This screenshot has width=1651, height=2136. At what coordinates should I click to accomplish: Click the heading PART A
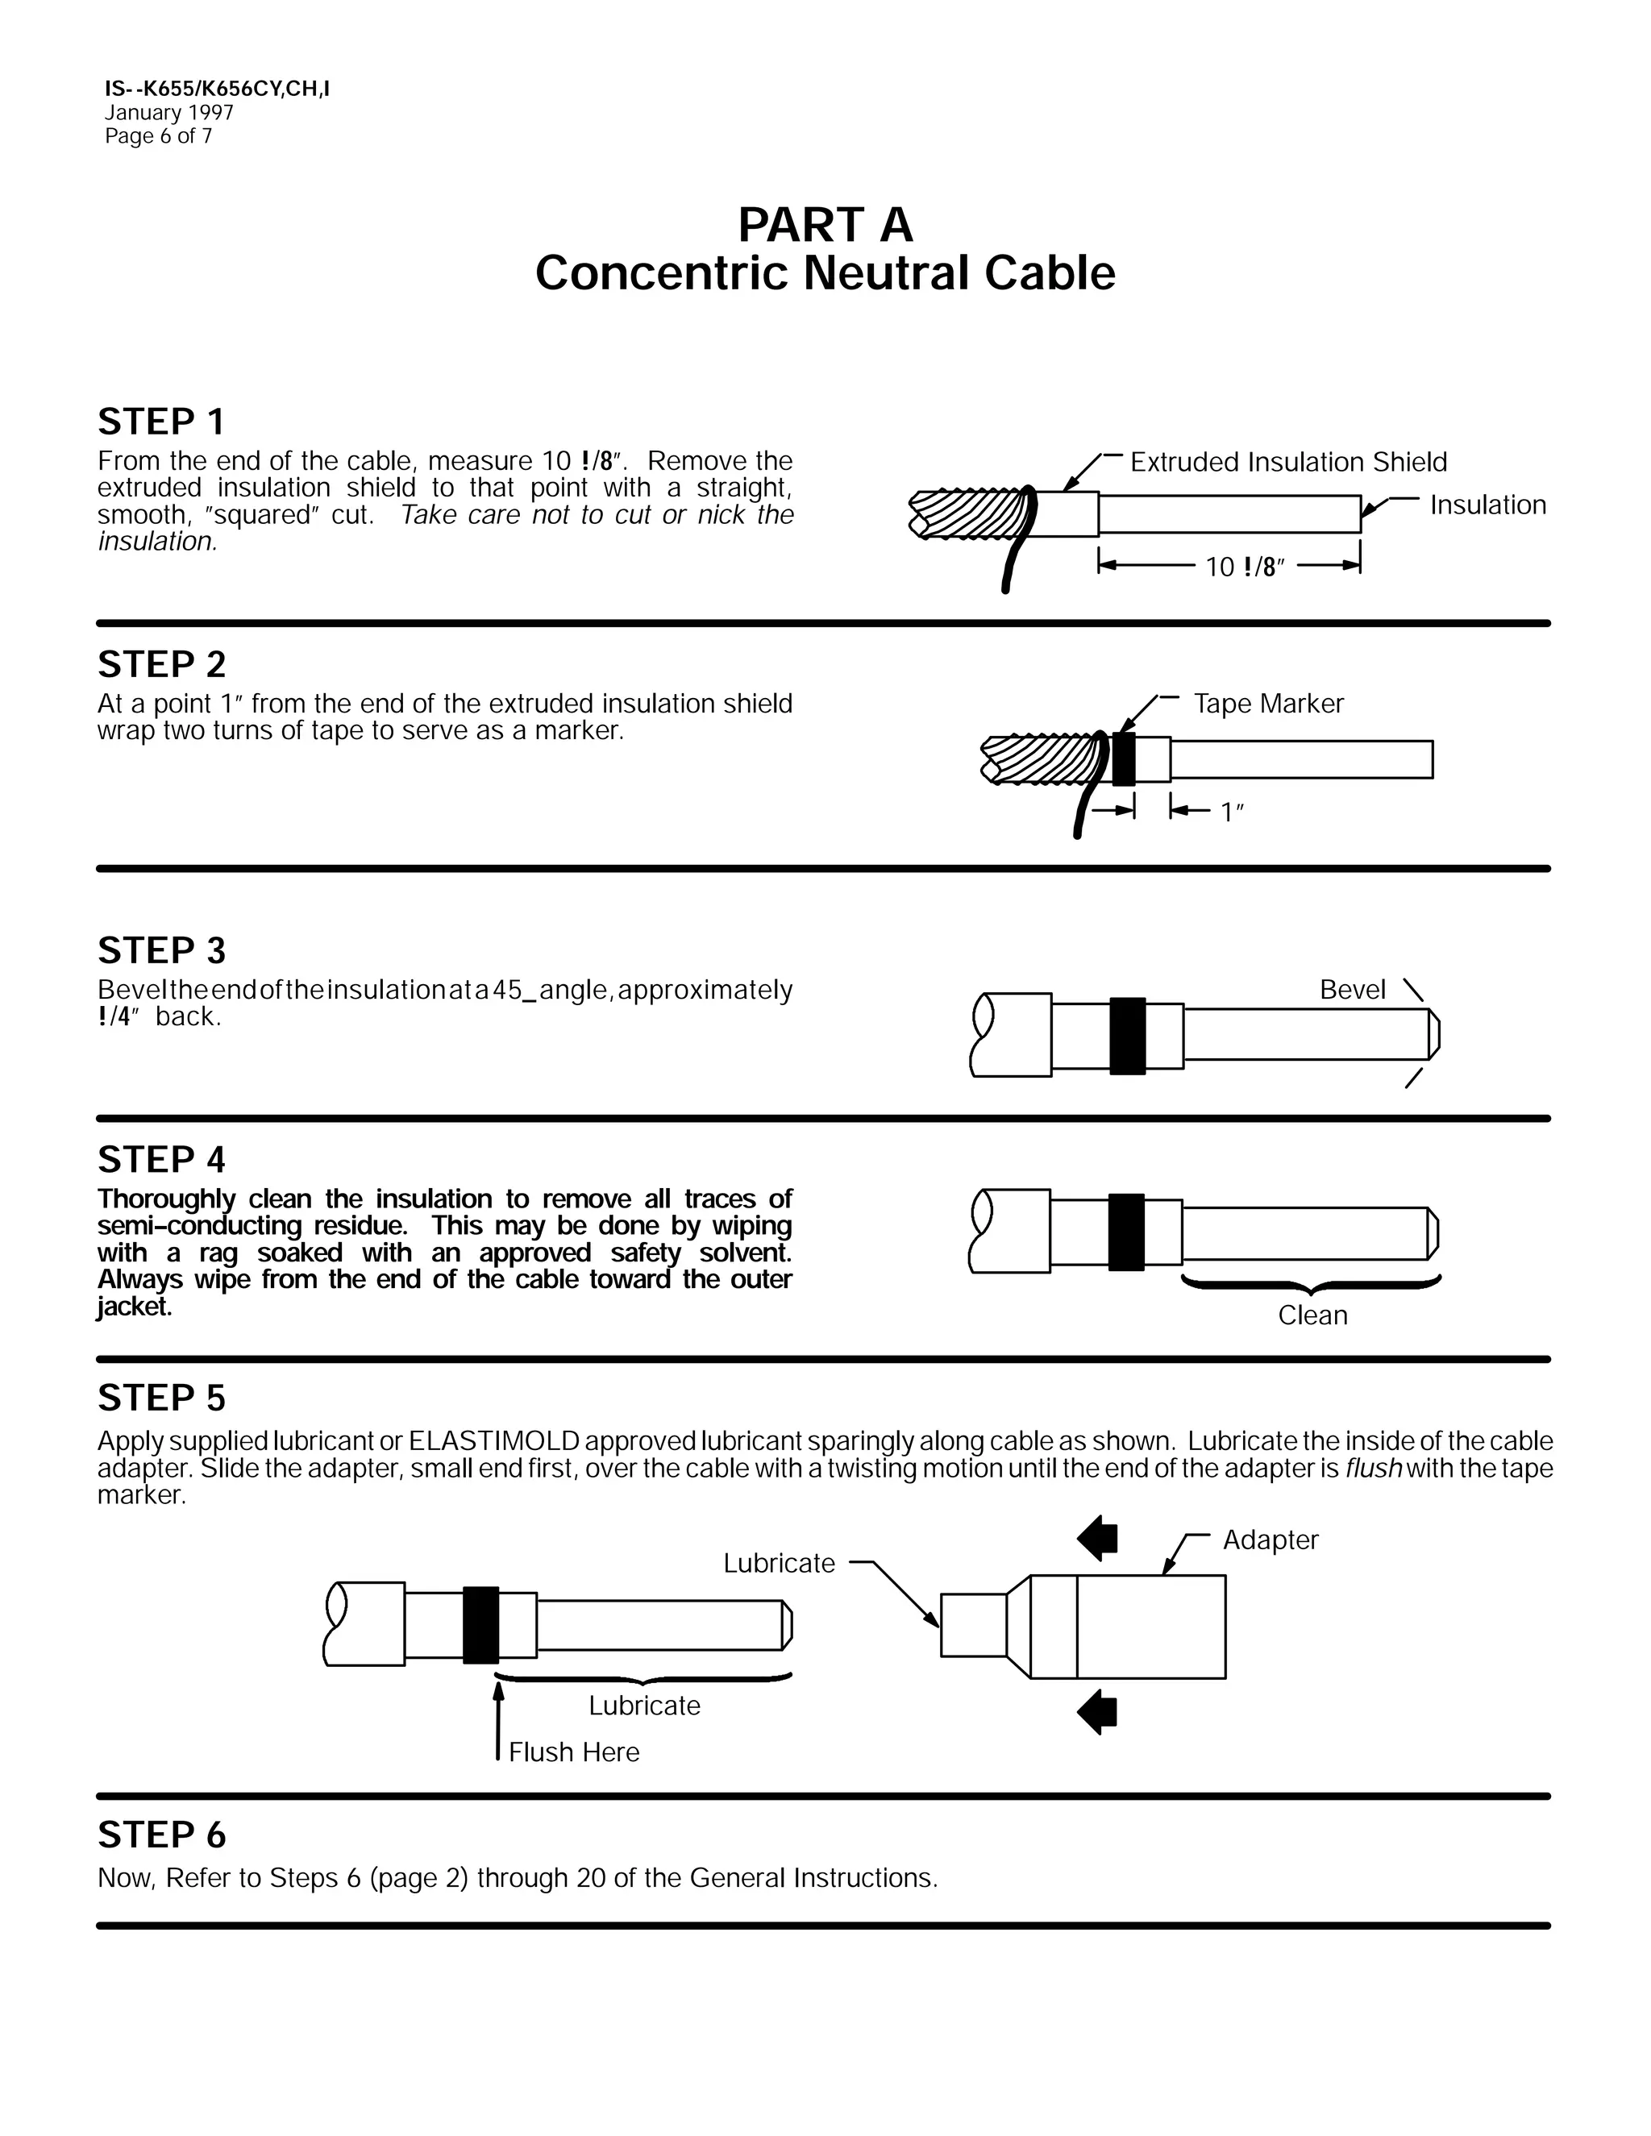click(x=825, y=225)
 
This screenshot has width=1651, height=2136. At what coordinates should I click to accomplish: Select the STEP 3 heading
click(x=161, y=950)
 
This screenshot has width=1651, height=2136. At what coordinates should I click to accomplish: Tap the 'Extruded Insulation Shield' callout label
click(x=1287, y=462)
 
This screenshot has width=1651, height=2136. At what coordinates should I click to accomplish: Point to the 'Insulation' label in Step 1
click(x=1487, y=505)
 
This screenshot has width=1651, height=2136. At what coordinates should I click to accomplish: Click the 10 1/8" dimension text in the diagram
click(x=1243, y=567)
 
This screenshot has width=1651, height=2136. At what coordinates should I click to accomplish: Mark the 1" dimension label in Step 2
click(x=1232, y=812)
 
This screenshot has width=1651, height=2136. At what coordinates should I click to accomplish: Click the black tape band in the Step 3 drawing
click(x=1127, y=1036)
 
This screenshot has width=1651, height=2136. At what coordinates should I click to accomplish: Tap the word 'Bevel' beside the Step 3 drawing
click(x=1352, y=989)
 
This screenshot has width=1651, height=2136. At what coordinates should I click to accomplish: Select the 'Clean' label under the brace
click(x=1312, y=1315)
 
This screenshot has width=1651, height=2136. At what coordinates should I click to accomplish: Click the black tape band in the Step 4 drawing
click(x=1125, y=1232)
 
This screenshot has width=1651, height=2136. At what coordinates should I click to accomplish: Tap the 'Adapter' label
click(x=1270, y=1540)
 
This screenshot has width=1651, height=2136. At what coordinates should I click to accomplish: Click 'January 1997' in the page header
click(x=169, y=113)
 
